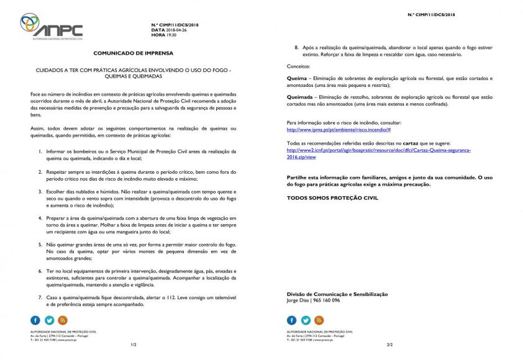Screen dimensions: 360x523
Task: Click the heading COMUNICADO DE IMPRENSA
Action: point(133,53)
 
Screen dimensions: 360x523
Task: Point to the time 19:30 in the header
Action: point(172,35)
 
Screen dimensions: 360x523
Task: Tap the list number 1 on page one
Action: point(40,151)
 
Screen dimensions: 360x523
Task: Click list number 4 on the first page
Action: point(40,218)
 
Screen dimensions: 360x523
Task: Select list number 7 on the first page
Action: point(40,298)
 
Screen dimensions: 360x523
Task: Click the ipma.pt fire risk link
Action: point(339,129)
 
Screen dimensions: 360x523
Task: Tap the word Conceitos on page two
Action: point(299,66)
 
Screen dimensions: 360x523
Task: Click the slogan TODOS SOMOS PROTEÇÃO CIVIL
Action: point(332,197)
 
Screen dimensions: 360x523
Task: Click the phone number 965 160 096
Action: point(328,300)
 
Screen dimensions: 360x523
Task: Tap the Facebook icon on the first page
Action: point(35,320)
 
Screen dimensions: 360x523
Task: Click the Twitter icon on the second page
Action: point(306,320)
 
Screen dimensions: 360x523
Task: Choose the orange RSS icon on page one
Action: point(63,320)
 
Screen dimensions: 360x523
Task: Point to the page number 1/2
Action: point(133,344)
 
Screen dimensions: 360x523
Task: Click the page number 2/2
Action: point(389,344)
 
